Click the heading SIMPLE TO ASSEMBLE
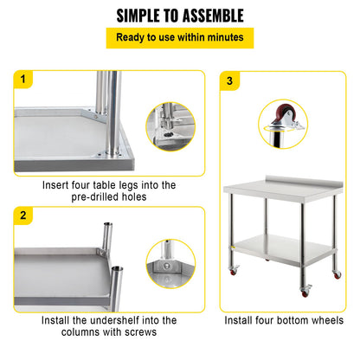coord(179,16)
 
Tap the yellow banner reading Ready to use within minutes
coord(179,38)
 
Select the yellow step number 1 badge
coord(23,80)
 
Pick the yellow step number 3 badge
coord(229,80)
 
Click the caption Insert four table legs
coord(109,190)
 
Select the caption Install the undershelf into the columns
coord(109,325)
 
